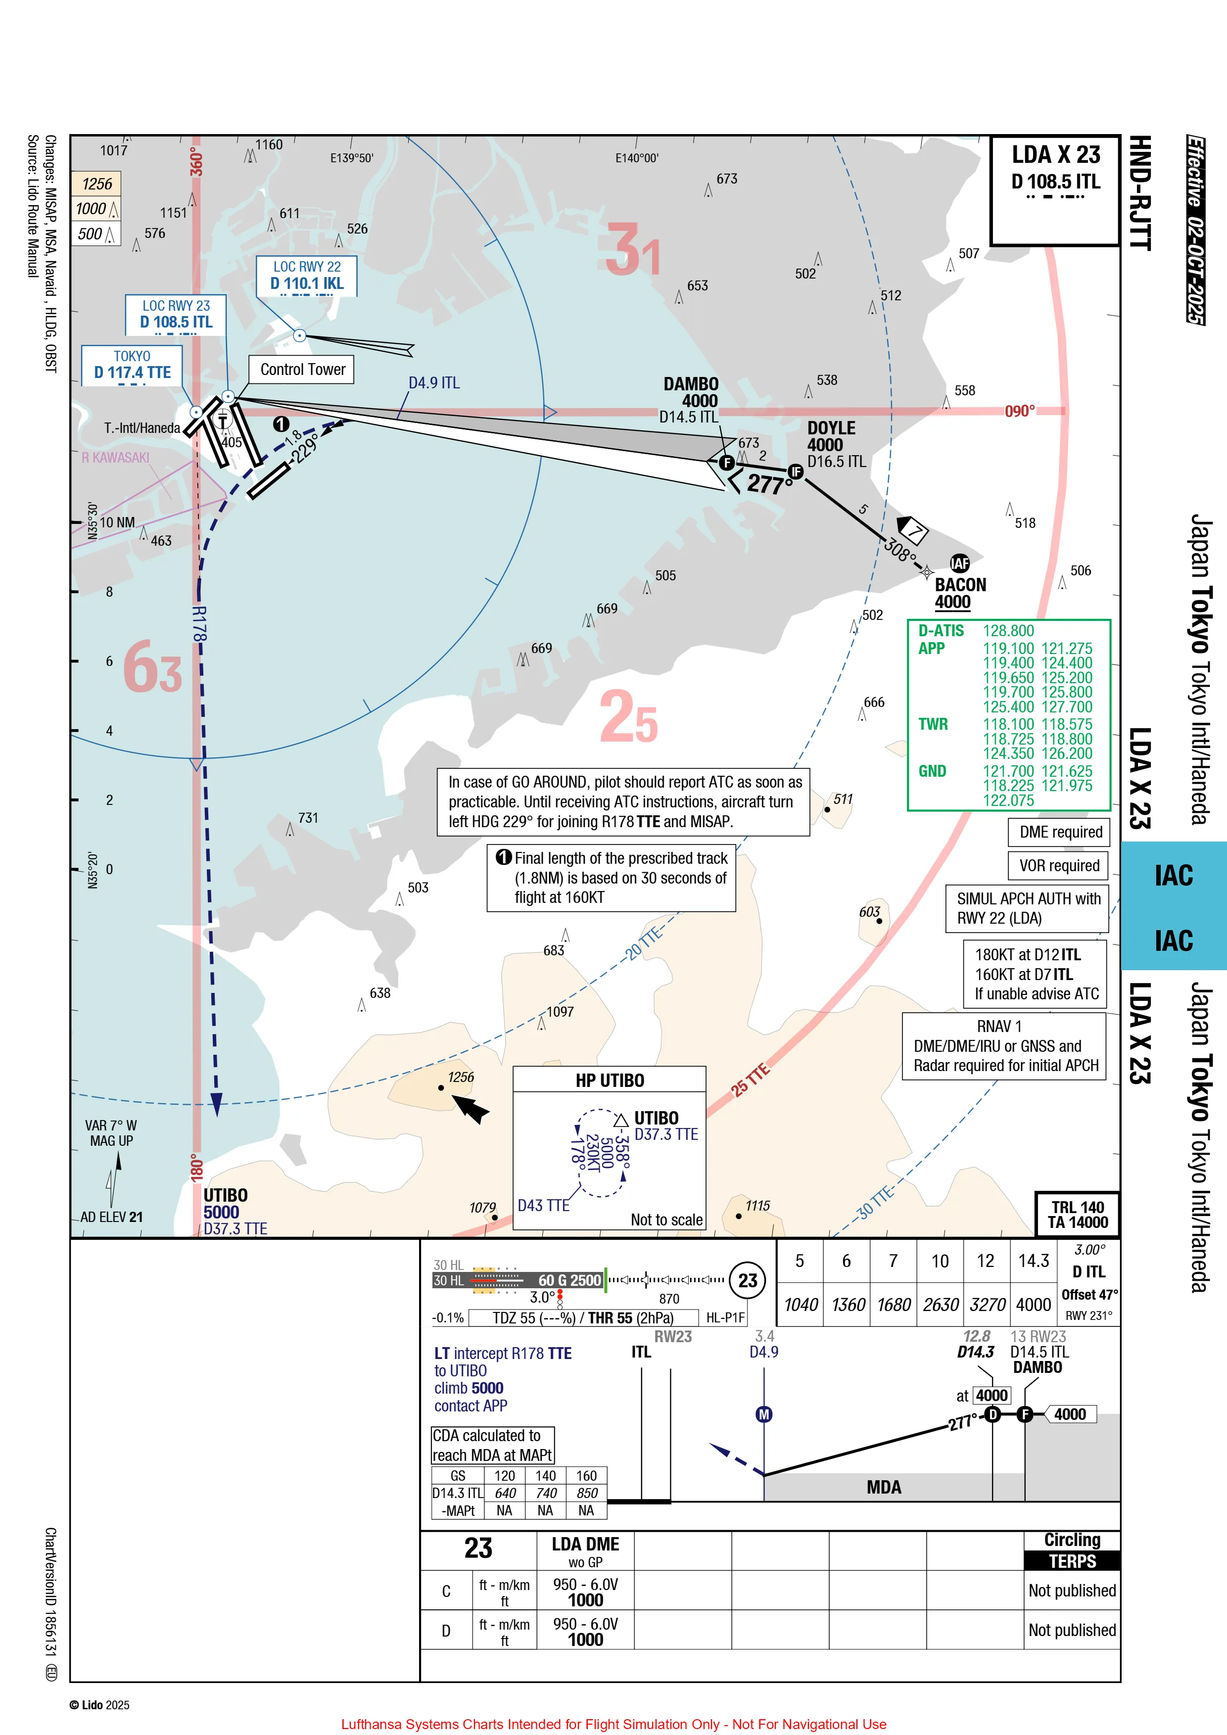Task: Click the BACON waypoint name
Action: click(960, 585)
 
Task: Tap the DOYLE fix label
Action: click(831, 428)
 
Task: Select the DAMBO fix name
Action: click(691, 384)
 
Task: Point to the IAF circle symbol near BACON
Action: click(959, 563)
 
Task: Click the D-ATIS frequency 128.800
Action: click(1008, 631)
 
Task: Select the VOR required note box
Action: click(1059, 865)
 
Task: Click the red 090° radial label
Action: click(1019, 411)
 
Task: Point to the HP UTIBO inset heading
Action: click(610, 1080)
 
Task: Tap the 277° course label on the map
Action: click(769, 484)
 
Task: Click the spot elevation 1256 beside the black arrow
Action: click(460, 1077)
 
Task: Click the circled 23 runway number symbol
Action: click(747, 1280)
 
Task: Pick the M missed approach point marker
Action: click(764, 1414)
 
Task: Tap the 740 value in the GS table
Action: click(546, 1493)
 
